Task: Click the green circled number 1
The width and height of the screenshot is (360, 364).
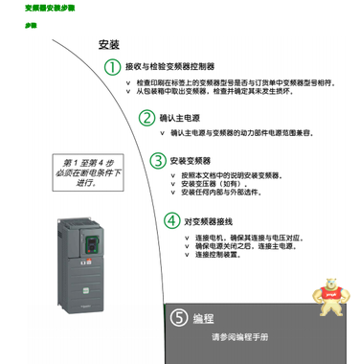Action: (x=113, y=66)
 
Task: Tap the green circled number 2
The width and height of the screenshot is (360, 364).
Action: (x=146, y=118)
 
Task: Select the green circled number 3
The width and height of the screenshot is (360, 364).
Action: (x=162, y=161)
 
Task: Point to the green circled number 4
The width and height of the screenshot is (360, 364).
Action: (x=170, y=219)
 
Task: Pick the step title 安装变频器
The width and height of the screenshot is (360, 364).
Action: (x=198, y=161)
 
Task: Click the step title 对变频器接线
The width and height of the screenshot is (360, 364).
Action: (x=209, y=219)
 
